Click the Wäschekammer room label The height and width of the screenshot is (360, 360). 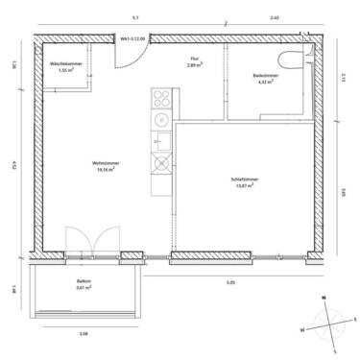click(x=66, y=64)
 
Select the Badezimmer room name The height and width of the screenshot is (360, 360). click(x=265, y=75)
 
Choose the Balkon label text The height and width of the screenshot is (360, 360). click(x=84, y=281)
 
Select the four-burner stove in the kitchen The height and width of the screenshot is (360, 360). click(x=159, y=99)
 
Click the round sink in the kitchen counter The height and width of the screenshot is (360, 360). click(x=160, y=120)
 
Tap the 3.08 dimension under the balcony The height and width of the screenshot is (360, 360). click(x=84, y=333)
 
